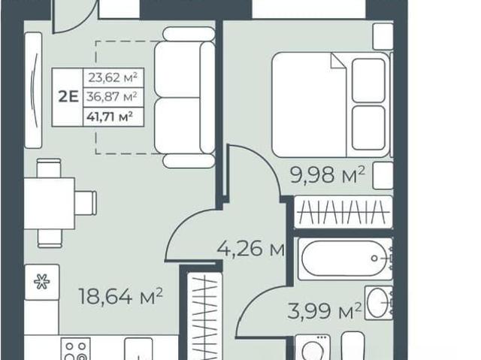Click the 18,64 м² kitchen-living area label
tap(120, 296)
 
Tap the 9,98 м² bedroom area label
tap(328, 175)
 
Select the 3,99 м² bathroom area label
tap(324, 310)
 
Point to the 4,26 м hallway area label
tap(250, 249)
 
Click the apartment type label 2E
tap(68, 97)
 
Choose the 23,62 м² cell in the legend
tap(113, 78)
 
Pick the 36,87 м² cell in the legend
tap(112, 97)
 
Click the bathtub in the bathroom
tap(345, 259)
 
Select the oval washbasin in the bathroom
tap(377, 303)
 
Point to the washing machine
tap(313, 347)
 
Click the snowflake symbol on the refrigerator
tap(42, 282)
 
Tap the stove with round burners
tap(75, 349)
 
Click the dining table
tap(50, 204)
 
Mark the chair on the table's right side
tap(86, 203)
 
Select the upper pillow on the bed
tap(369, 80)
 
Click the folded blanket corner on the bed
tap(339, 61)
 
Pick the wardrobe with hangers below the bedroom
tap(343, 212)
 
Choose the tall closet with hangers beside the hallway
tap(204, 316)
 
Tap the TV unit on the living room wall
tap(33, 90)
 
